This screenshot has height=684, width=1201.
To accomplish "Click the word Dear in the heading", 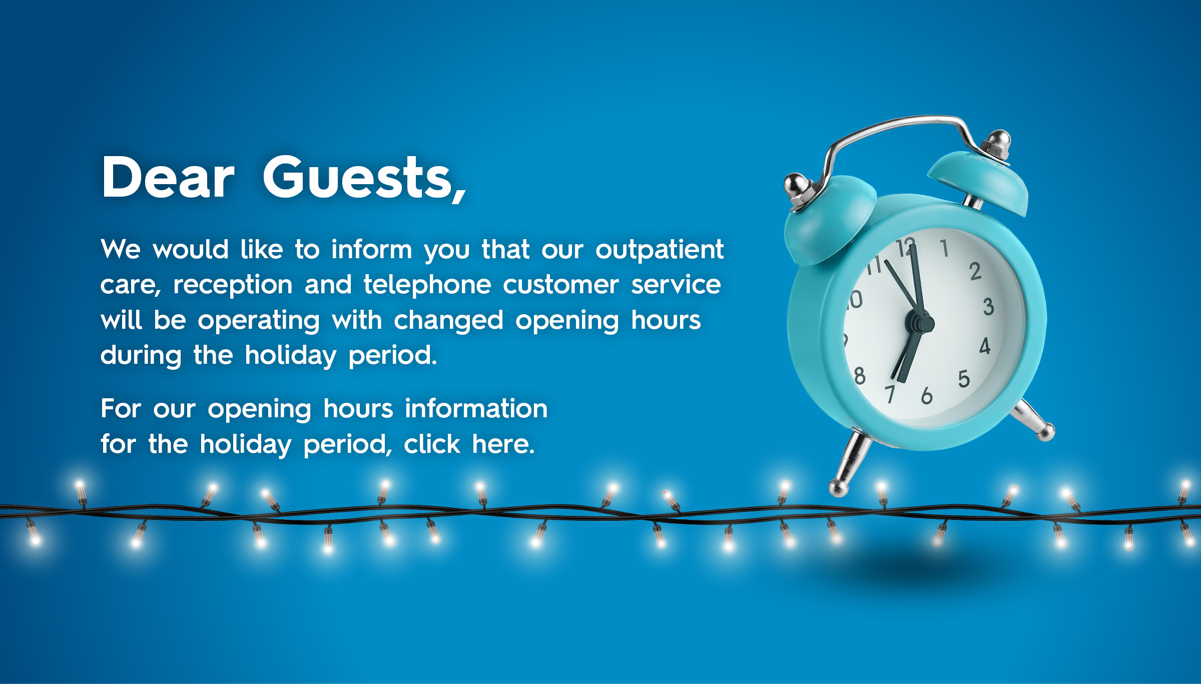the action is (x=168, y=177).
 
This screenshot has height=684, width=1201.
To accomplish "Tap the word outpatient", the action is (x=660, y=250).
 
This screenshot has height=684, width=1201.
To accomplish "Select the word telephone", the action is (x=427, y=285).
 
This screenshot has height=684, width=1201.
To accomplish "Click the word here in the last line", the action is (x=503, y=444).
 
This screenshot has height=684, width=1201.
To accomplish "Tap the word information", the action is (x=476, y=408).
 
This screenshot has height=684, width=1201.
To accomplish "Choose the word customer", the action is (x=560, y=285).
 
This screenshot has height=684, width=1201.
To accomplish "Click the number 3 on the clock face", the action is (x=988, y=306).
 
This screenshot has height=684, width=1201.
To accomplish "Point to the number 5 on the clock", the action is (x=964, y=379).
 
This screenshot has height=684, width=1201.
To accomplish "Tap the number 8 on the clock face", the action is (x=860, y=375).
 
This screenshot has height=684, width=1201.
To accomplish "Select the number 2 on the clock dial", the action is (x=975, y=272).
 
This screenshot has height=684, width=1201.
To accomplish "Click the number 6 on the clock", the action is (x=927, y=395).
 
